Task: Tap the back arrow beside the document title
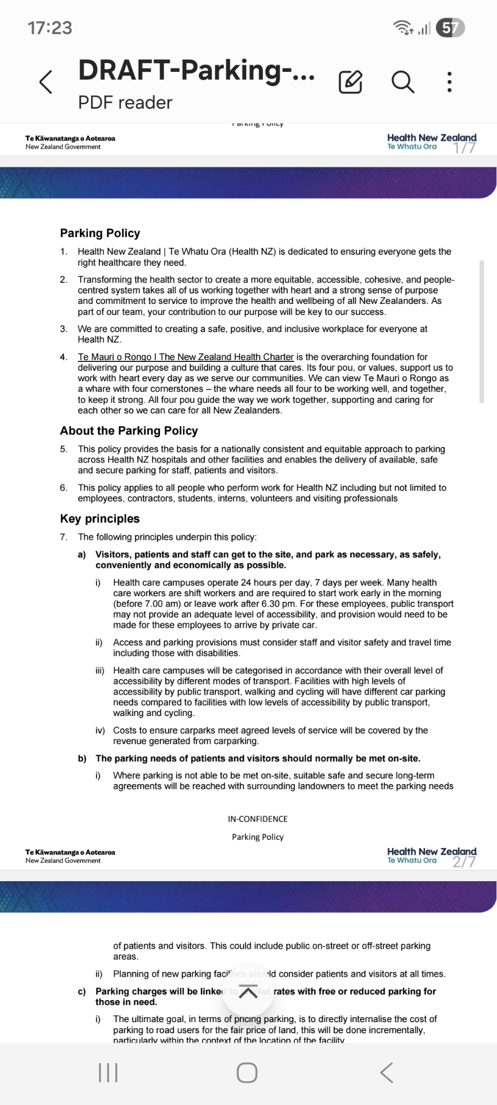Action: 46,82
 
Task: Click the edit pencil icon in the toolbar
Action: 350,82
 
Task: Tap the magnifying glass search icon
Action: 403,82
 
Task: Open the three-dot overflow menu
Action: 450,82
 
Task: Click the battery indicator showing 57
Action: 450,28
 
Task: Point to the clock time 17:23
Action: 50,28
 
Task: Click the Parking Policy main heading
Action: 100,233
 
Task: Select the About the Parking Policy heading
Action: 129,431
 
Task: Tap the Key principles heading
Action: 99,519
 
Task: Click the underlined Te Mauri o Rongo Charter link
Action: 186,357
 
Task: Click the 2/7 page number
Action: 464,862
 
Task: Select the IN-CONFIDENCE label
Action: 257,819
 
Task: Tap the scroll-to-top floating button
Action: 248,992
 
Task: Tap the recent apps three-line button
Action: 108,1073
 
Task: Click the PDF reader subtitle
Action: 125,103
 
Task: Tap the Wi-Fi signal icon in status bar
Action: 403,28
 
